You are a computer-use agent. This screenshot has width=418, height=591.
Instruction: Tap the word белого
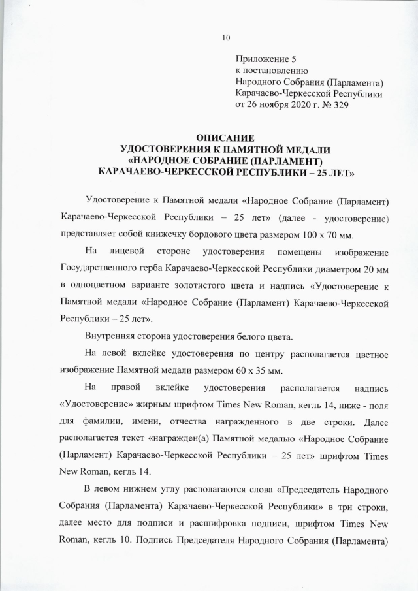click(x=253, y=337)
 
